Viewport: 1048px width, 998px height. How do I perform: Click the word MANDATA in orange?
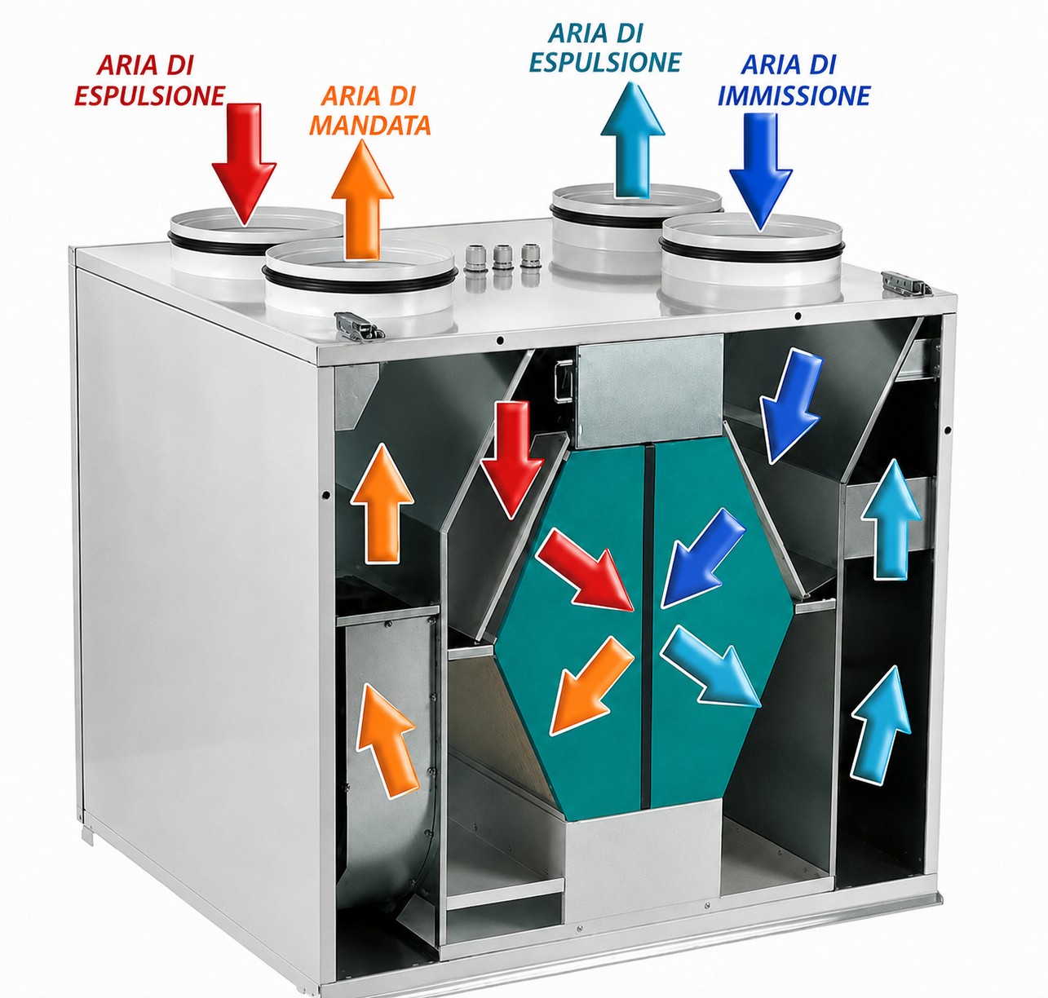coord(370,126)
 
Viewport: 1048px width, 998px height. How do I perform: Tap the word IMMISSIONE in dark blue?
coord(794,96)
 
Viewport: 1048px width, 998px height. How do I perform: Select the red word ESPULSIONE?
coord(150,95)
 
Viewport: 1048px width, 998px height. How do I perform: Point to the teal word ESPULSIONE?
coord(606,62)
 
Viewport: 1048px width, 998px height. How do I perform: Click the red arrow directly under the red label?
coord(244,163)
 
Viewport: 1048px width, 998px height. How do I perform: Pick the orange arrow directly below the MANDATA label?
coord(362,200)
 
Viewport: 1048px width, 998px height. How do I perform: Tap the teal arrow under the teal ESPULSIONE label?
coord(633,139)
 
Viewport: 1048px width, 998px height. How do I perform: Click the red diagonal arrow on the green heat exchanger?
coord(585,569)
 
